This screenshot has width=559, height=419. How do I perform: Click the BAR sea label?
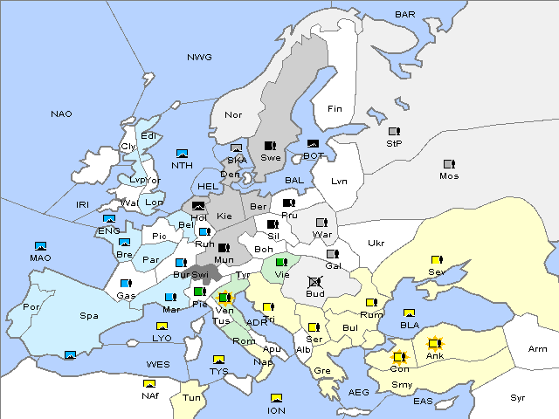click(404, 14)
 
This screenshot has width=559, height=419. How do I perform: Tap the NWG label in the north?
click(199, 57)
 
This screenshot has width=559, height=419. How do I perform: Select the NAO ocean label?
click(61, 114)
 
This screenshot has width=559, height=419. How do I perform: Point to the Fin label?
click(334, 109)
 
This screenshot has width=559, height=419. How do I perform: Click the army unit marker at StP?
click(394, 131)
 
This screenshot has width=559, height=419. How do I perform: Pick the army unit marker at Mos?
click(449, 163)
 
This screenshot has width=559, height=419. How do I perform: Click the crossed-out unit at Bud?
click(314, 282)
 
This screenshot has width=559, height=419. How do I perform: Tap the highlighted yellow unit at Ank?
click(434, 344)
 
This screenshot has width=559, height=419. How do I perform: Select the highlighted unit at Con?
click(400, 357)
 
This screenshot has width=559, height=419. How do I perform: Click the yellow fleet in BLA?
click(409, 313)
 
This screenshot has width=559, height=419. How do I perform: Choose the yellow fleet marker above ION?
click(277, 398)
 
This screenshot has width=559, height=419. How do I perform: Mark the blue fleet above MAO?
click(40, 245)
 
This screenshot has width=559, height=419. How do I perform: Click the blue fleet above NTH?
click(183, 153)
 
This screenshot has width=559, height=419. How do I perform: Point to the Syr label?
click(519, 397)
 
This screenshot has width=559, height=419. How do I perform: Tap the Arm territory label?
click(538, 349)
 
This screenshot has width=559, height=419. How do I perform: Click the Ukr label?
click(376, 244)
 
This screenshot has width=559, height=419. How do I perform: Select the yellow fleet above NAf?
click(149, 383)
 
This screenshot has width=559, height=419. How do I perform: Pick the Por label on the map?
click(31, 307)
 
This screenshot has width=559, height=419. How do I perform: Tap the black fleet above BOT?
click(313, 144)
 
